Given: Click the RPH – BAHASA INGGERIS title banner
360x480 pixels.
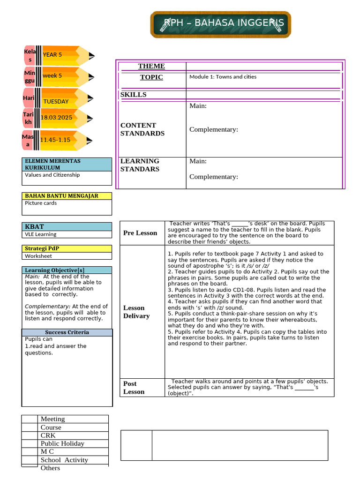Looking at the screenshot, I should click(220, 24).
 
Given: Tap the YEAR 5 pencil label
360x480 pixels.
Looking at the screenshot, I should click(52, 55).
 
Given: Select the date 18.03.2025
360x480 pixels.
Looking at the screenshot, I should click(56, 118).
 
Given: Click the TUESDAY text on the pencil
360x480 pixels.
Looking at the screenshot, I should click(56, 101).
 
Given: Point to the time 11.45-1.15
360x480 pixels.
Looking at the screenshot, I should click(55, 140).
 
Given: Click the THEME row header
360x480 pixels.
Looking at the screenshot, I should click(151, 66).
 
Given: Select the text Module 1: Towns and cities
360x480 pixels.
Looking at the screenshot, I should click(223, 77).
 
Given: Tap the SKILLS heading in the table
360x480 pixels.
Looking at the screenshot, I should click(134, 95).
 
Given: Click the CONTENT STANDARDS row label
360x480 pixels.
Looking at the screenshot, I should click(142, 129).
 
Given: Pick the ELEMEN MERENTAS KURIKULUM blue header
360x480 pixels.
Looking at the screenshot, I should click(67, 164).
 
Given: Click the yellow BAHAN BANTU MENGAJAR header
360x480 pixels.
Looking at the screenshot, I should click(67, 196).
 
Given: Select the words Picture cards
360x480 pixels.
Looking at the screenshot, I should click(41, 203).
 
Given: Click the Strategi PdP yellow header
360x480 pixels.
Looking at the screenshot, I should click(67, 248).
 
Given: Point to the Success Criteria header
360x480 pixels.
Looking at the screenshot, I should click(67, 332).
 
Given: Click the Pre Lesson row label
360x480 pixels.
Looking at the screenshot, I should click(140, 233).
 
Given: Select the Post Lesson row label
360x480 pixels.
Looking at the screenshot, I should click(134, 388).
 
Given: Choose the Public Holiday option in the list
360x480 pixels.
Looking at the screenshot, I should click(62, 443).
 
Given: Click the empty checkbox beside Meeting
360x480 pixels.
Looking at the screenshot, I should click(30, 419).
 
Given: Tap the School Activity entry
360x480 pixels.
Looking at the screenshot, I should click(64, 460).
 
